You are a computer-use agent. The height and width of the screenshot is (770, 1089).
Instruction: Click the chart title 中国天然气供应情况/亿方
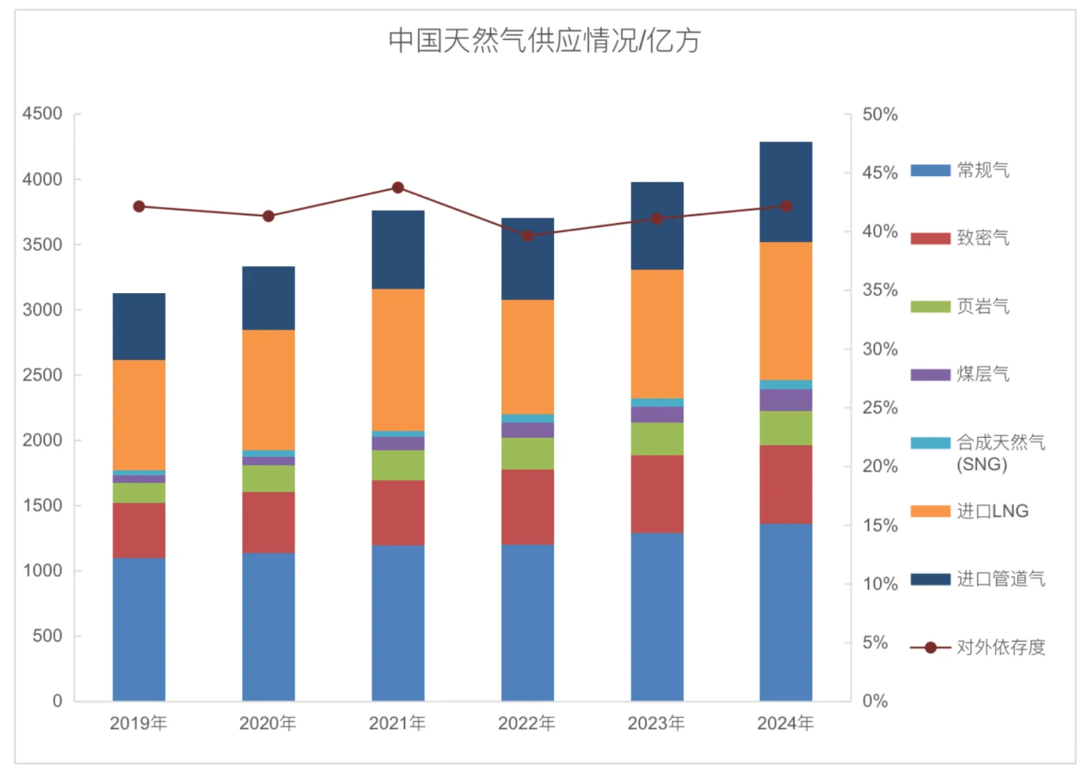[544, 41]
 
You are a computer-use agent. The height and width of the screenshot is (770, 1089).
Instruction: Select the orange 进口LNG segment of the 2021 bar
[398, 359]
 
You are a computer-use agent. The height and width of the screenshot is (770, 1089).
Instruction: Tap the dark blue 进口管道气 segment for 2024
[785, 192]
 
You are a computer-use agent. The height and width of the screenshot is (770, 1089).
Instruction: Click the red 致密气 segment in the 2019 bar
[139, 530]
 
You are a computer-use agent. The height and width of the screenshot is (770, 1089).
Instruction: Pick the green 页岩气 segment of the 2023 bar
[657, 438]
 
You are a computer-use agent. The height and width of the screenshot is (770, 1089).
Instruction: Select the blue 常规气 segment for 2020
[268, 627]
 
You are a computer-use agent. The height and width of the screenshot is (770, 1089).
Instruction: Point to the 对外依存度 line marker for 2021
[398, 188]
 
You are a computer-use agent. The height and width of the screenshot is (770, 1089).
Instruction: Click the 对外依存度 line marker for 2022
[528, 236]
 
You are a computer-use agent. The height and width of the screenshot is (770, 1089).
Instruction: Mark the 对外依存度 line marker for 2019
[139, 207]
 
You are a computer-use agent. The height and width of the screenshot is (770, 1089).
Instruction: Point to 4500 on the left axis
[42, 114]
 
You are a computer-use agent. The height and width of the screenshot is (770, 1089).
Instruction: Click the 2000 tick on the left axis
[42, 441]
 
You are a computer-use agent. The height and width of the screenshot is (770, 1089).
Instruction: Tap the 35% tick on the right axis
[879, 290]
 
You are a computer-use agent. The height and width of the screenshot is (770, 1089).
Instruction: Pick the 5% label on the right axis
[875, 642]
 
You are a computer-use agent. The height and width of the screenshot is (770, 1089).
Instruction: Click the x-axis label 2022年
[527, 723]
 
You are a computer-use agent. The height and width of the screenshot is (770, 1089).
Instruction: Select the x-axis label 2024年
[785, 723]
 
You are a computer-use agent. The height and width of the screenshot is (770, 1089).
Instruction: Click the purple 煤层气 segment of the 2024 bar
[785, 400]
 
